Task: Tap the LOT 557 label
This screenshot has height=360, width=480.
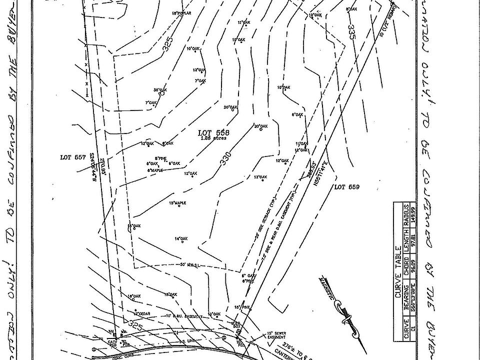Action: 73,157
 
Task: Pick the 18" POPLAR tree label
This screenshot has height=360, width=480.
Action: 182,13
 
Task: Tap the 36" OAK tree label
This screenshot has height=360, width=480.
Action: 159,90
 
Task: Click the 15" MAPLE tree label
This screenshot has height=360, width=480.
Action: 177,203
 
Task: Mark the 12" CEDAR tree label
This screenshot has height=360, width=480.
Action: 142,313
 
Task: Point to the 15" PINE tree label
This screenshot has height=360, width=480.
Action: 242,306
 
